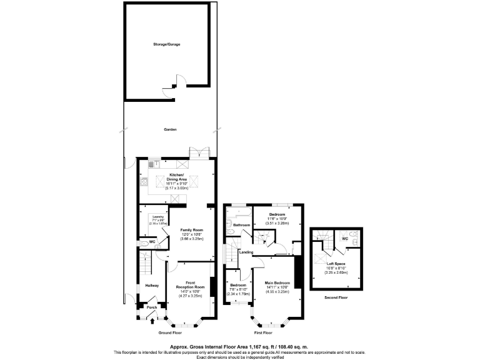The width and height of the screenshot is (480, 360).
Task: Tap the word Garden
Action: tap(170, 129)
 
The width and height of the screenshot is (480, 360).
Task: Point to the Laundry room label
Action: tap(157, 217)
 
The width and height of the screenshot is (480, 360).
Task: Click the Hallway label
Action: tap(152, 286)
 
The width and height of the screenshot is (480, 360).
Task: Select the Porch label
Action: tap(151, 307)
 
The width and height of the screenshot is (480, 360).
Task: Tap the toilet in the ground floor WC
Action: tap(145, 244)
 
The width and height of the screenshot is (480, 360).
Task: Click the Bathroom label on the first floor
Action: tap(241, 225)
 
